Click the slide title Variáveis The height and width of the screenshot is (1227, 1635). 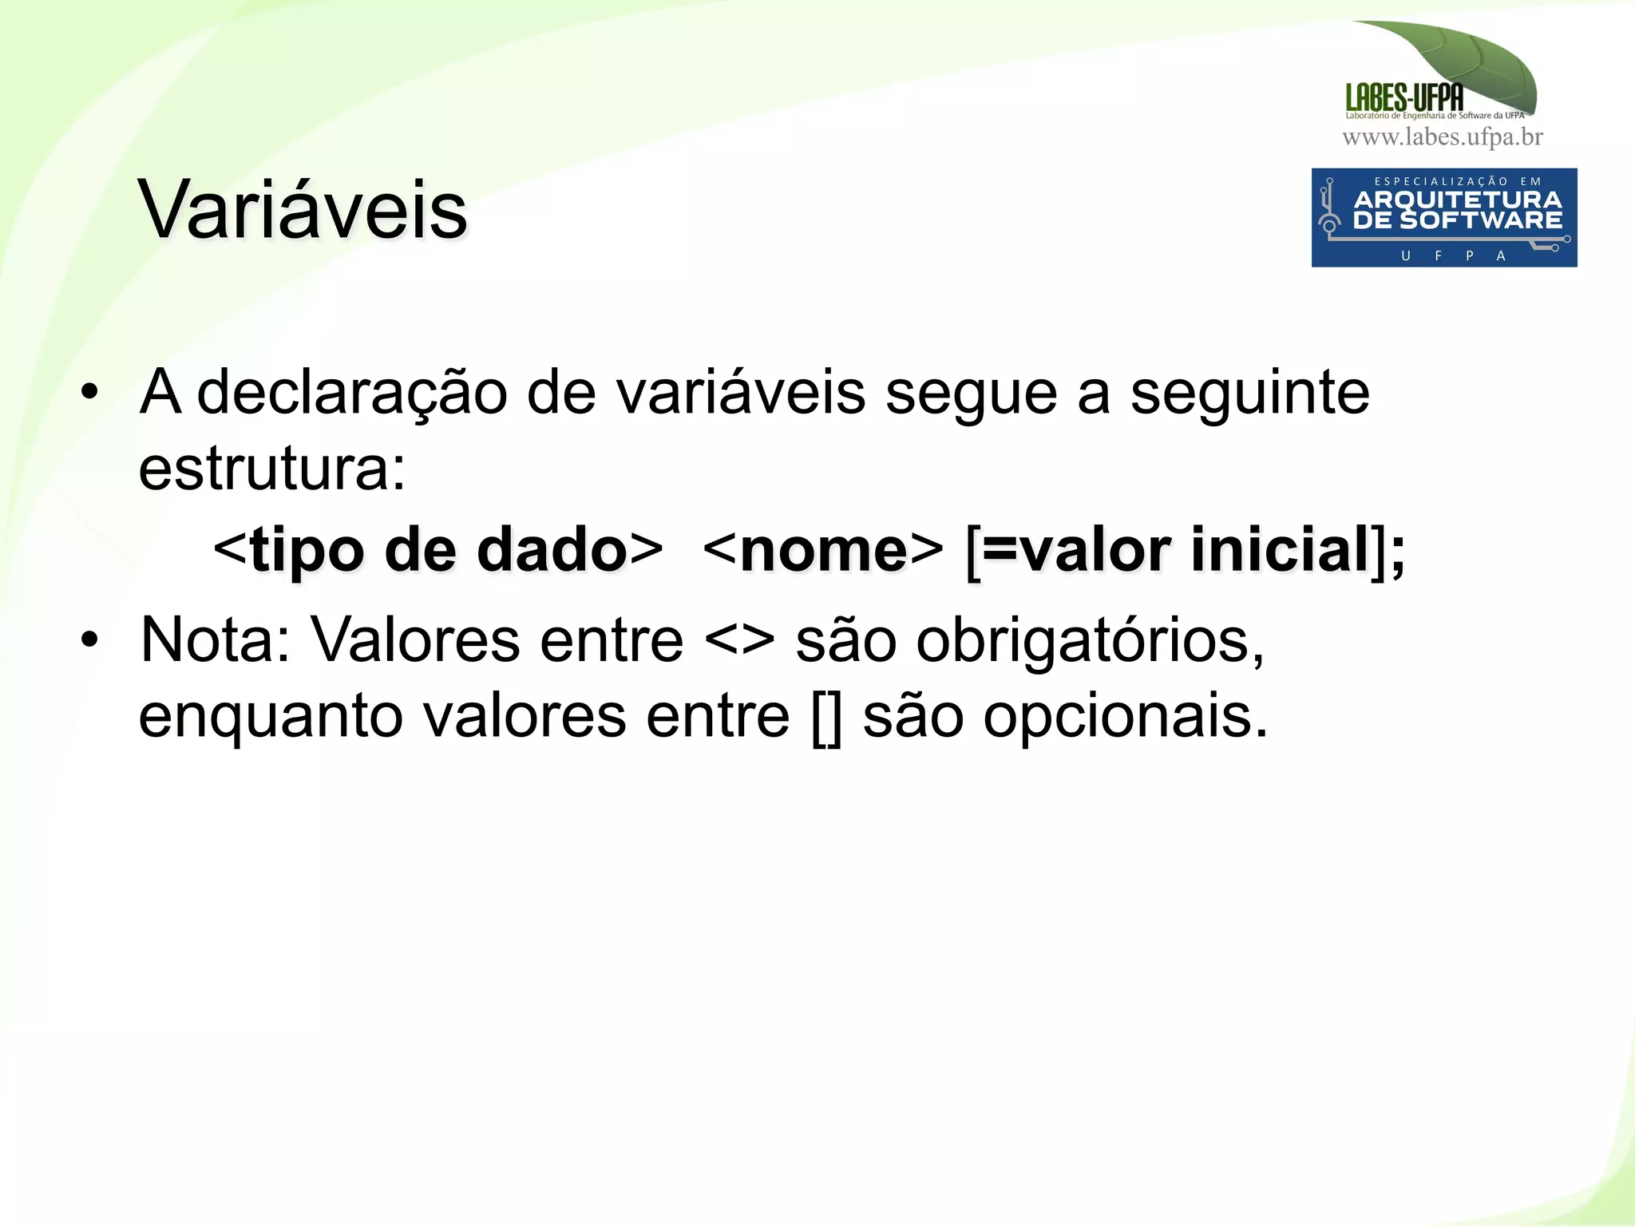click(x=302, y=210)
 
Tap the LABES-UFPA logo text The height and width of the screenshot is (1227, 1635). click(x=1403, y=98)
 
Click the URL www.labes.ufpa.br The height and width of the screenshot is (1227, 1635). click(x=1442, y=137)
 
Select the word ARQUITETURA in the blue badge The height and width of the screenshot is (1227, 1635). click(x=1457, y=200)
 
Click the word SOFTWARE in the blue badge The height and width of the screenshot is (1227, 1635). click(x=1481, y=220)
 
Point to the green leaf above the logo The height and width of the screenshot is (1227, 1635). click(x=1469, y=60)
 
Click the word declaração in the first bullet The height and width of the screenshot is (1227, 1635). click(x=351, y=393)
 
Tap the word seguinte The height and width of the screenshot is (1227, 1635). click(x=1249, y=393)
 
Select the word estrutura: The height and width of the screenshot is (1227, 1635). click(x=271, y=469)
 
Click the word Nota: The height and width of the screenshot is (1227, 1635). click(x=216, y=640)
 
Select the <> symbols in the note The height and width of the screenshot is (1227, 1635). click(x=739, y=640)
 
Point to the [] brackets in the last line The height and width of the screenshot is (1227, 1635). click(x=826, y=717)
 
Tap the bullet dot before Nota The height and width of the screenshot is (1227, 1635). click(x=89, y=640)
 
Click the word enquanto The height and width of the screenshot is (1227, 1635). click(x=270, y=717)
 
